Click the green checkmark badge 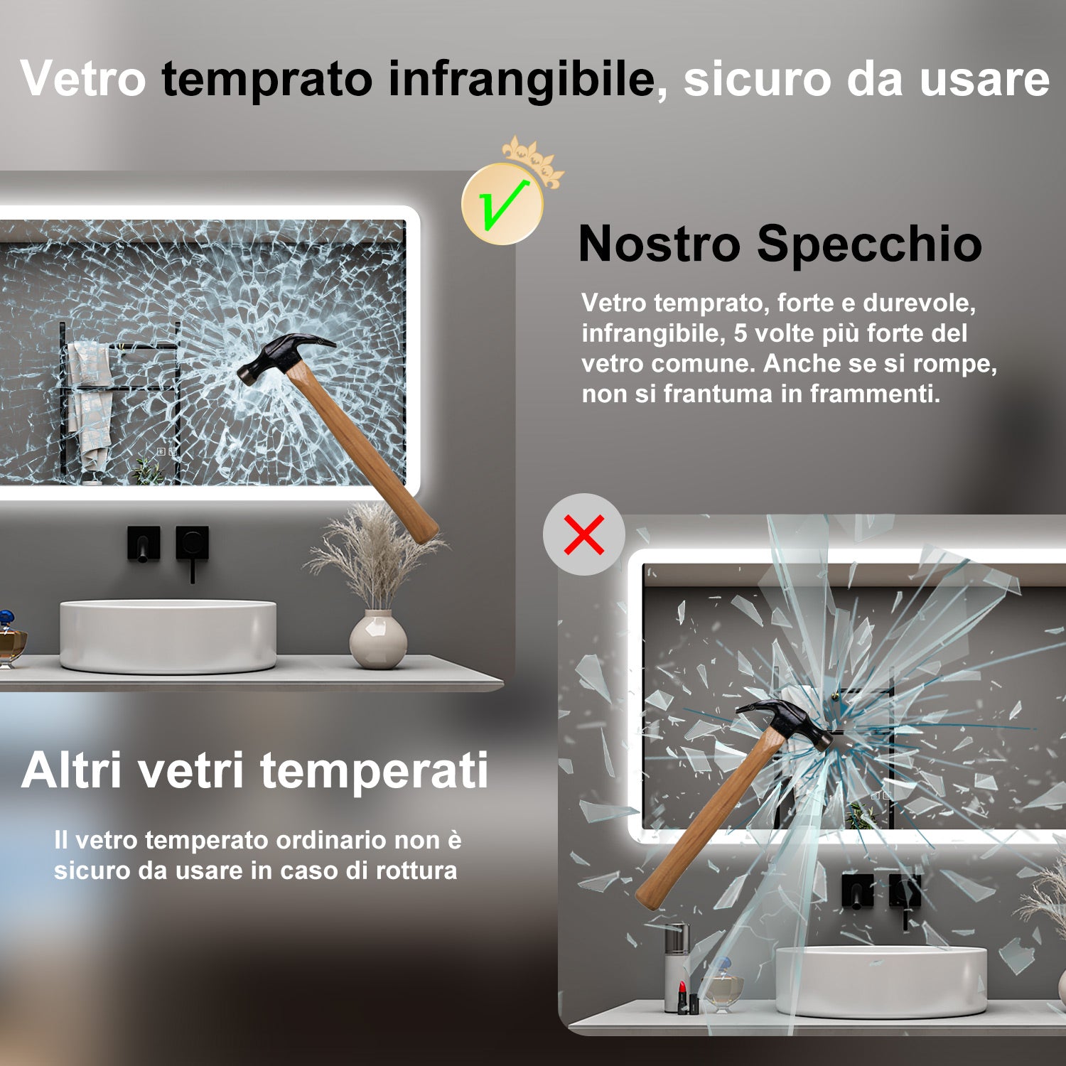[502, 205]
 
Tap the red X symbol [584, 534]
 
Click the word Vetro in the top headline [82, 78]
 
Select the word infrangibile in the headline [522, 78]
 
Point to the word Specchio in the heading [869, 244]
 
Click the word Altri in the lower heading [72, 770]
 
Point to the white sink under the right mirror [881, 980]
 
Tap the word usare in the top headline [984, 78]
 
